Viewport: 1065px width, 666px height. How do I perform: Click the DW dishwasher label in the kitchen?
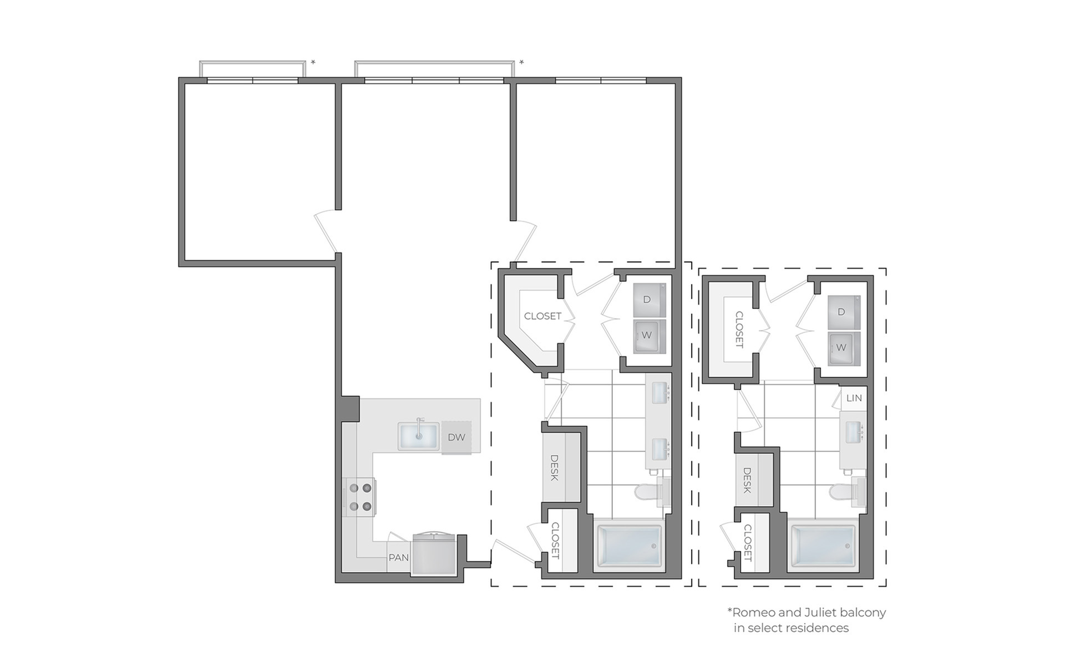pos(457,437)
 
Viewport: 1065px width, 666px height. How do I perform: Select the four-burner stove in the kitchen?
pos(359,497)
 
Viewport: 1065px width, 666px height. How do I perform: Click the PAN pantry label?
pos(399,557)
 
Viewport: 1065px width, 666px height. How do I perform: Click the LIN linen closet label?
pos(854,398)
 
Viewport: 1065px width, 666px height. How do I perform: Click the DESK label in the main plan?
pos(554,468)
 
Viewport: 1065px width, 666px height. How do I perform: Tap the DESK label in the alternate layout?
pos(747,481)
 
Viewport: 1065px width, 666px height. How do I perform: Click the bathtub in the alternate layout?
pos(824,545)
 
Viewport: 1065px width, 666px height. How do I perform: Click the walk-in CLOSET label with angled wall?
pos(542,316)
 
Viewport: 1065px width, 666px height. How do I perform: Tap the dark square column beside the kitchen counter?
pos(350,409)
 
